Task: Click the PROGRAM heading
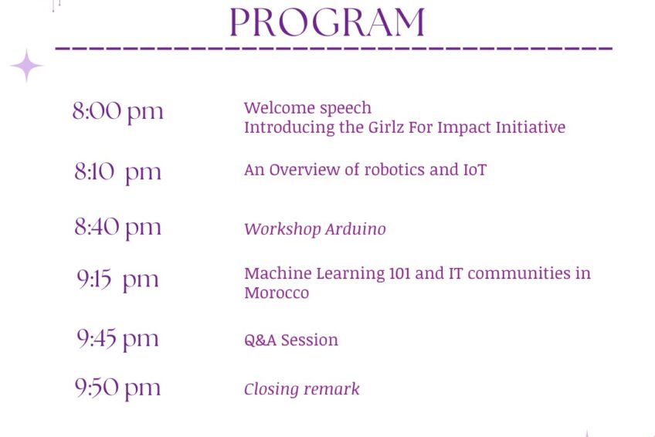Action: tap(327, 22)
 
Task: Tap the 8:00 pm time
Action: tap(118, 112)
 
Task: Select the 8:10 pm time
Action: tap(118, 172)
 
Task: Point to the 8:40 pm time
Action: tap(118, 228)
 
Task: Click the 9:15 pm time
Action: tap(118, 279)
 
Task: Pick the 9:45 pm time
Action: tap(118, 339)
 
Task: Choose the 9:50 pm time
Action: tap(118, 388)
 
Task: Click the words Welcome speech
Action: tap(307, 108)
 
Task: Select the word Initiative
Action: tap(531, 127)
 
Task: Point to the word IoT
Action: tap(475, 170)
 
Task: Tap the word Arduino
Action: tap(355, 229)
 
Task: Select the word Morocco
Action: tap(277, 293)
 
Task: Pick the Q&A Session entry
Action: tap(291, 340)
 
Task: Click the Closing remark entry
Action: tap(301, 389)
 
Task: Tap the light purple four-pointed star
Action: tap(27, 66)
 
